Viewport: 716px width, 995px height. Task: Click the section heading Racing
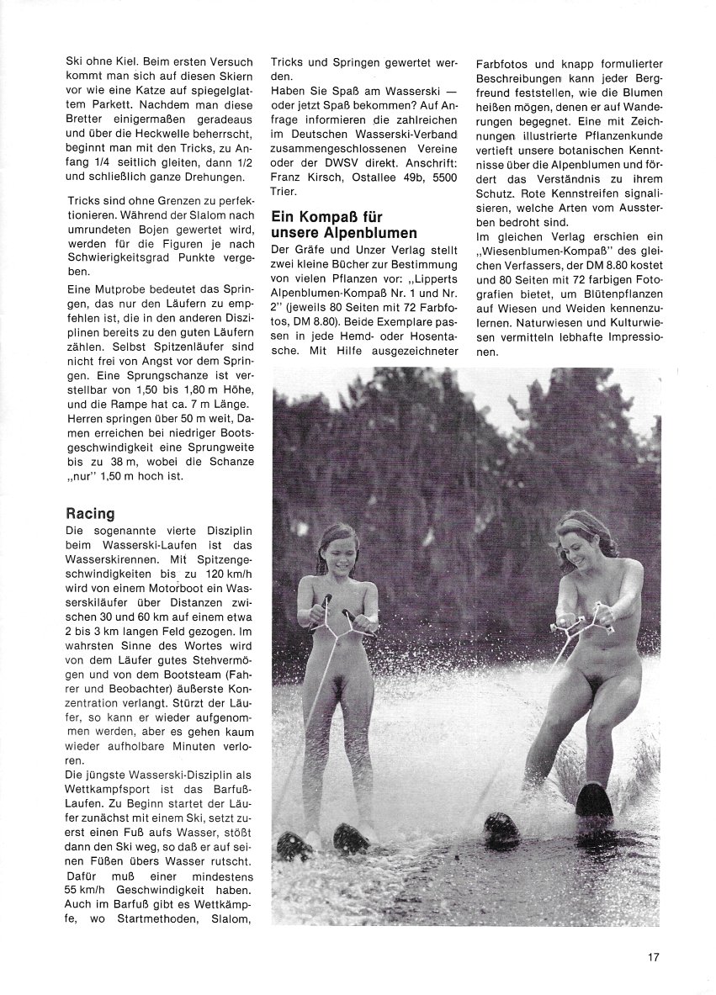point(90,513)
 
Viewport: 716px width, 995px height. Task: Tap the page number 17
point(654,956)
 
